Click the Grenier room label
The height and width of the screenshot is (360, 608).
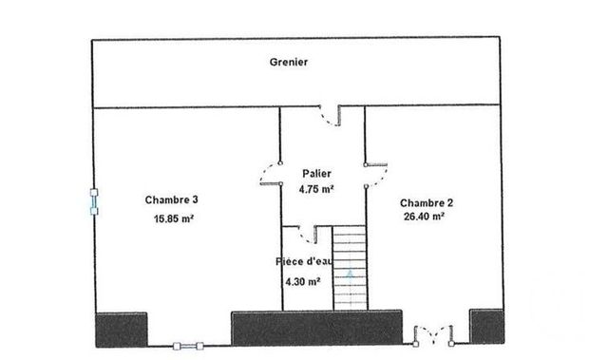288,63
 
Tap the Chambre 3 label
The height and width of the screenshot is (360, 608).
171,200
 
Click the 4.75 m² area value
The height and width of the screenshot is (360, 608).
315,189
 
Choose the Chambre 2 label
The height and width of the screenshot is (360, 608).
426,202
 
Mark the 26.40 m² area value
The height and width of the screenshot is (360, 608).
425,217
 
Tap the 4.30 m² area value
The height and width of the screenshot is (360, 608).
302,281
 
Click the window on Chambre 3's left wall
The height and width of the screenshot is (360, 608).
93,201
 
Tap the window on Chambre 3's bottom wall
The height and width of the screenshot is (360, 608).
186,344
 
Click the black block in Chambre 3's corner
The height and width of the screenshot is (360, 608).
120,328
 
